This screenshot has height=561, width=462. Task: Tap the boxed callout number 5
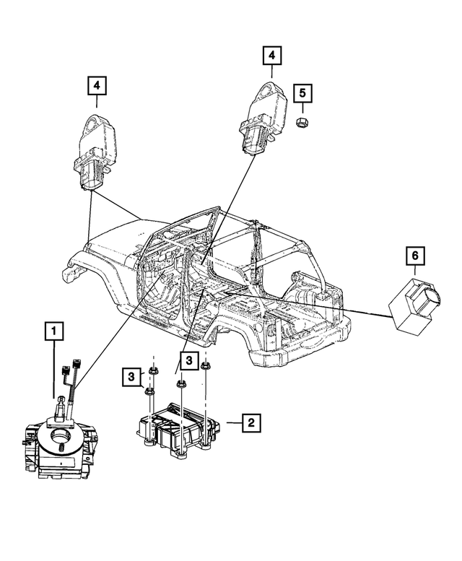point(303,92)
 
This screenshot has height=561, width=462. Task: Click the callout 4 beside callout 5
point(271,55)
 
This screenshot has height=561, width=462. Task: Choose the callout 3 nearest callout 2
point(188,360)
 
